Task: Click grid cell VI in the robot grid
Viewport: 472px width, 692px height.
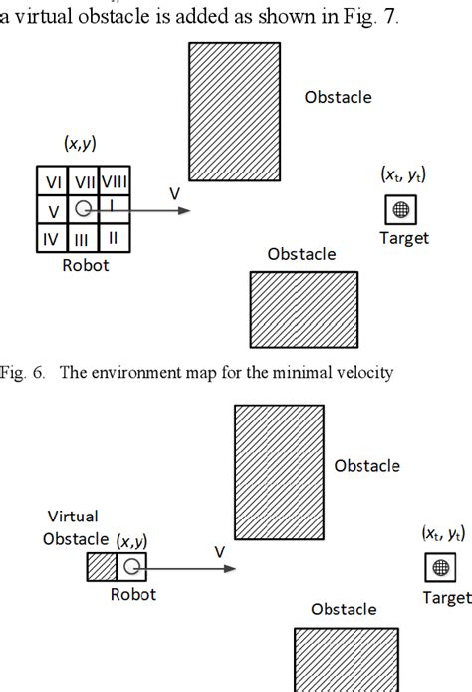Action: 53,181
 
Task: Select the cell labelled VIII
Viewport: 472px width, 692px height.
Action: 117,181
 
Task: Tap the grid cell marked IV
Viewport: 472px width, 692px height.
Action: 53,238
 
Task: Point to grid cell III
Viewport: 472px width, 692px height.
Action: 83,238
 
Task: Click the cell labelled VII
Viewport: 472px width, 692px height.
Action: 84,181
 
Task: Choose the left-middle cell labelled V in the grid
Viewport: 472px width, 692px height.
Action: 53,210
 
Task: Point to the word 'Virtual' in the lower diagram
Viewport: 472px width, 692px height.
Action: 73,517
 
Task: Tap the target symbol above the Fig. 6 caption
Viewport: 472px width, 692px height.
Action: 401,209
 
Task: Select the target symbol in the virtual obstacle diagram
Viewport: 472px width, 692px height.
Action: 439,568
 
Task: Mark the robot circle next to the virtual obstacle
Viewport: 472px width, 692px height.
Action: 130,567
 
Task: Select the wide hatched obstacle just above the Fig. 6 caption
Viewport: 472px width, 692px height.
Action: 304,308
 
